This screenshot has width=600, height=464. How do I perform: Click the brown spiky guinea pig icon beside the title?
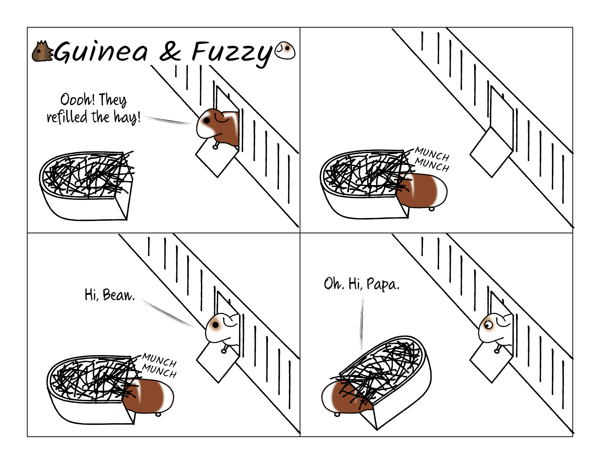click(42, 51)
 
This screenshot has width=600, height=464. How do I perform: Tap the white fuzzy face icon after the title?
click(285, 50)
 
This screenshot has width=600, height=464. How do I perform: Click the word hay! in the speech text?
click(127, 117)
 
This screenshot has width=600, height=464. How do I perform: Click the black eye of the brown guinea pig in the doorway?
click(207, 120)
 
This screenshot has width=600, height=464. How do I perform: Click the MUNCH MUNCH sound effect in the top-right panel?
click(432, 159)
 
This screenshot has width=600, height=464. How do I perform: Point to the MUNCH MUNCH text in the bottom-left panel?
click(159, 365)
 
